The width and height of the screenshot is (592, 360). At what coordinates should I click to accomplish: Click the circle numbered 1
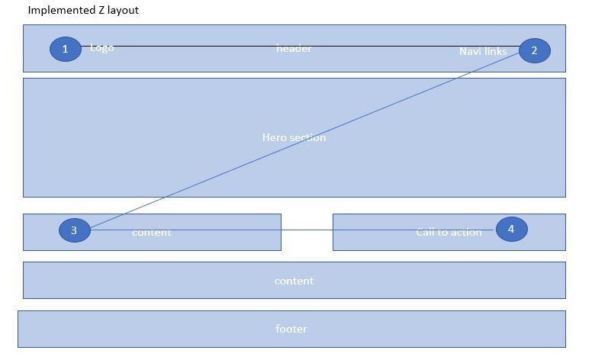66,49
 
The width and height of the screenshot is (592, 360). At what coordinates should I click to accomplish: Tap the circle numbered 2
534,50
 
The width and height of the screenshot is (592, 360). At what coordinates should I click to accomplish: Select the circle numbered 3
74,230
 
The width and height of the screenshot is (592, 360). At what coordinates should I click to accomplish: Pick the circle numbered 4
511,228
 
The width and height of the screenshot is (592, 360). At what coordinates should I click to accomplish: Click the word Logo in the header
102,48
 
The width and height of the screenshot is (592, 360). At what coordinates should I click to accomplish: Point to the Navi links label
482,52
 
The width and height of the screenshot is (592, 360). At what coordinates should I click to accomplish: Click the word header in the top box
294,49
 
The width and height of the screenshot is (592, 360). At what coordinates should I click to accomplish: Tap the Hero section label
294,138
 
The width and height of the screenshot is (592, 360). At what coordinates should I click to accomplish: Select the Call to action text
449,232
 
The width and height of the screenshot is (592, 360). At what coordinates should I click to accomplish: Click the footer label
291,329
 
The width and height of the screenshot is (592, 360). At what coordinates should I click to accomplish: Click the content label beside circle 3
152,232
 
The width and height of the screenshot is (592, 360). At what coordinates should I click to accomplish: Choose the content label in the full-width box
294,281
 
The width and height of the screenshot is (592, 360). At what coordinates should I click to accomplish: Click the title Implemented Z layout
83,11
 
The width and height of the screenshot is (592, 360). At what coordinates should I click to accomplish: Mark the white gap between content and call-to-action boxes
307,240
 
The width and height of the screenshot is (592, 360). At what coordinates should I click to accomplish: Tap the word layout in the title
123,11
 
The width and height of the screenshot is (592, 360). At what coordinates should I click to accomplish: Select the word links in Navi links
495,52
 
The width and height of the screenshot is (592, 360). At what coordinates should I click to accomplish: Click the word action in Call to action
466,232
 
